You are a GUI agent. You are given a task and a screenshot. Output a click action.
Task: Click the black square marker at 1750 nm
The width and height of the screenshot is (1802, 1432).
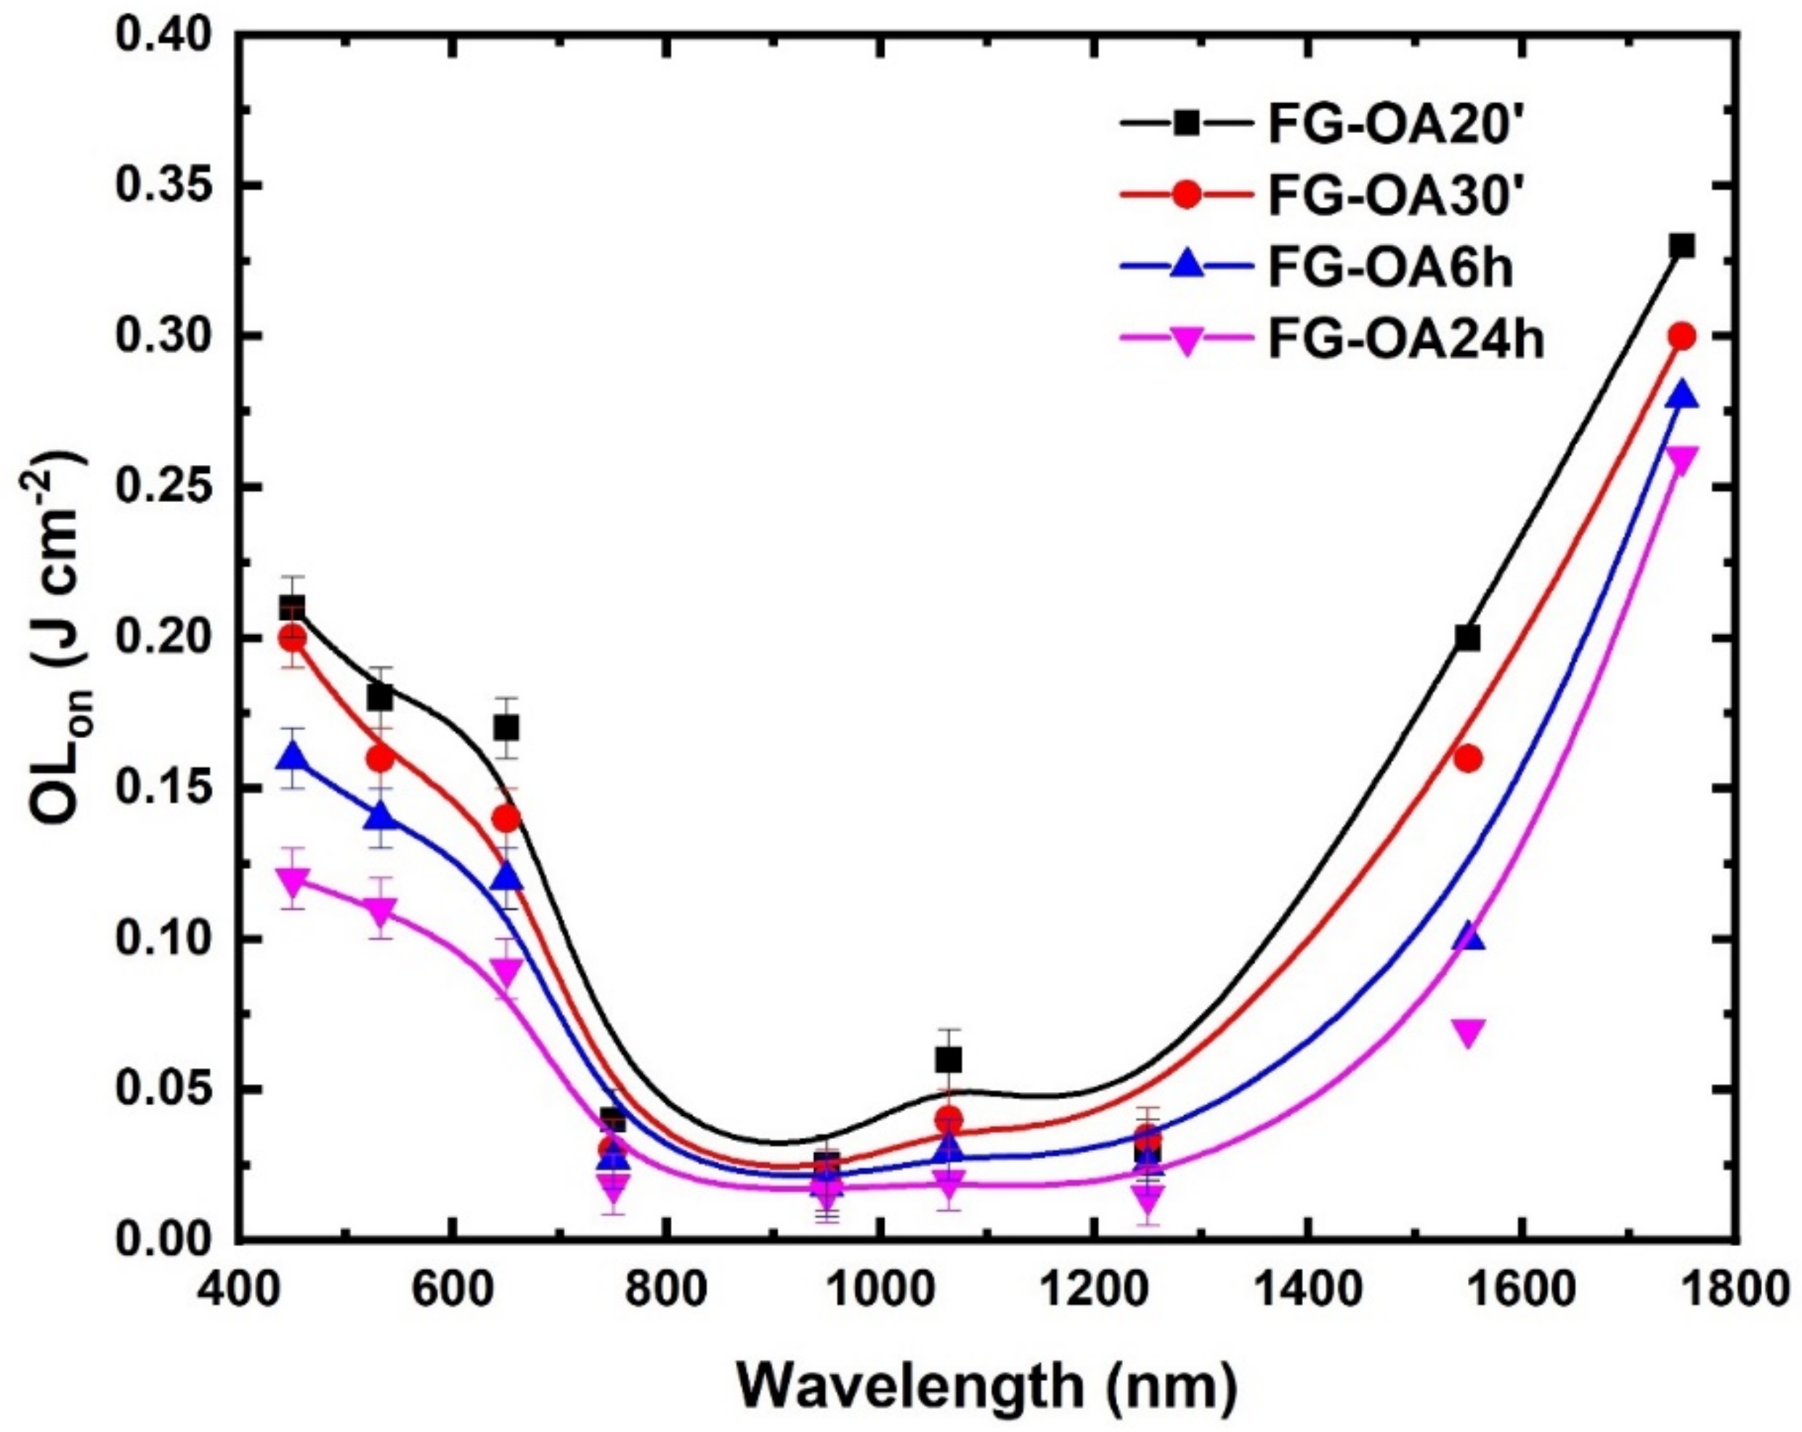click(1681, 246)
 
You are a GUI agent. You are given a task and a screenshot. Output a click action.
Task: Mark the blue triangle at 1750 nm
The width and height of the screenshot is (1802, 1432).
click(1681, 395)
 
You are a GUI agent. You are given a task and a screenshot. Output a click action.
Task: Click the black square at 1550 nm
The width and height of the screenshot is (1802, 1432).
click(1468, 639)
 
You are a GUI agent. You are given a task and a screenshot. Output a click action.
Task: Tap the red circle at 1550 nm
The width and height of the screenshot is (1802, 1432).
click(1468, 759)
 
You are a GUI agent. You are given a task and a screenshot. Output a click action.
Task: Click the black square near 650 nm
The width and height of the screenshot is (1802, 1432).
click(506, 728)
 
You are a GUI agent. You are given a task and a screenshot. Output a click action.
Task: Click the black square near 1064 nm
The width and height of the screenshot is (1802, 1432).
click(949, 1060)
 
